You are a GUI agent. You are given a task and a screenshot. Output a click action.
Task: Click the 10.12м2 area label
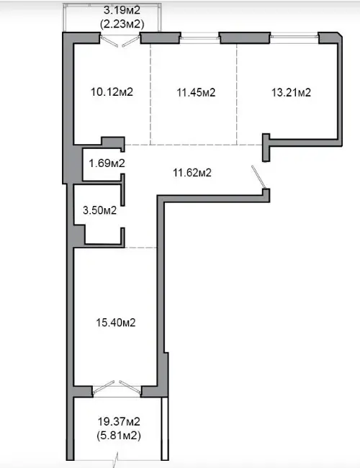[112, 92]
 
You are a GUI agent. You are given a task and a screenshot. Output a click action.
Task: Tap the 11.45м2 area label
[196, 93]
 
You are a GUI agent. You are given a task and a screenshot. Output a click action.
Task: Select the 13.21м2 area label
[291, 93]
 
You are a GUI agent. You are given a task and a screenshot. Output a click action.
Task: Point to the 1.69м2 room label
[107, 163]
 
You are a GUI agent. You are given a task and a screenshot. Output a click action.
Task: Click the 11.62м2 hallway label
[192, 173]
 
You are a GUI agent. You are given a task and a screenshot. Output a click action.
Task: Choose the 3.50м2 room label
[99, 210]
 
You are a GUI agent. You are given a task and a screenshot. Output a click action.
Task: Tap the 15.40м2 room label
[116, 323]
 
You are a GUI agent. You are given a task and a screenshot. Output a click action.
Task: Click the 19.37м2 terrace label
[119, 422]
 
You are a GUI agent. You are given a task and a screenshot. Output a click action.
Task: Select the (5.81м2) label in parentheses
[119, 436]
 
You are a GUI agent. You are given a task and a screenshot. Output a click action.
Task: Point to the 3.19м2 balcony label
[122, 10]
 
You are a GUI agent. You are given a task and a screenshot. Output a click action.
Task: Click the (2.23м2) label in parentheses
[122, 24]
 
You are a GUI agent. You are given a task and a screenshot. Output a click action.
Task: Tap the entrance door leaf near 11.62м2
[258, 177]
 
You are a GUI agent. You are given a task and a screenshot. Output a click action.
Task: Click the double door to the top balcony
[120, 41]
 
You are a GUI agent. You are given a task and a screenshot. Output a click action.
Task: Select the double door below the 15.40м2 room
[117, 387]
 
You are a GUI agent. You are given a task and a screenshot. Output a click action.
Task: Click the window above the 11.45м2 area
[200, 38]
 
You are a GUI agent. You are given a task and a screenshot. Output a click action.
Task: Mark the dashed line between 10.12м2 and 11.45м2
[150, 94]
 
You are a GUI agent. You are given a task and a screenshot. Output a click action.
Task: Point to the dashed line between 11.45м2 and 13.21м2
[237, 94]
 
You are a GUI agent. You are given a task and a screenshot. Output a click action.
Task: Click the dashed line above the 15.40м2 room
[140, 248]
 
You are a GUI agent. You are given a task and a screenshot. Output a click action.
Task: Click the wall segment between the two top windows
[245, 37]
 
